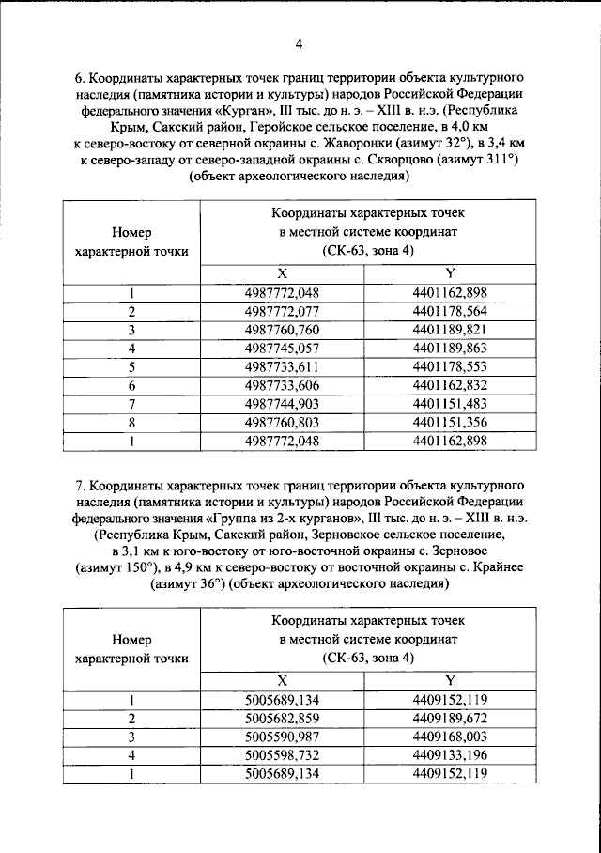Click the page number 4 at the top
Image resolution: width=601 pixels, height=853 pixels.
299,44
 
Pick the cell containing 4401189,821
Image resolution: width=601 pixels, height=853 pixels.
451,330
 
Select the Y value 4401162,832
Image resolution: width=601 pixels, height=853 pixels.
451,386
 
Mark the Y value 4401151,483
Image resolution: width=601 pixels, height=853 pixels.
451,404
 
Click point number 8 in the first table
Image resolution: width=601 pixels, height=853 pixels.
132,423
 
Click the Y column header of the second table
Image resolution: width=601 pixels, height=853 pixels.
451,680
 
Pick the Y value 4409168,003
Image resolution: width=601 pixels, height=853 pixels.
451,737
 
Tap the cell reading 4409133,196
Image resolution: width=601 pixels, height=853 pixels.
451,755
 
